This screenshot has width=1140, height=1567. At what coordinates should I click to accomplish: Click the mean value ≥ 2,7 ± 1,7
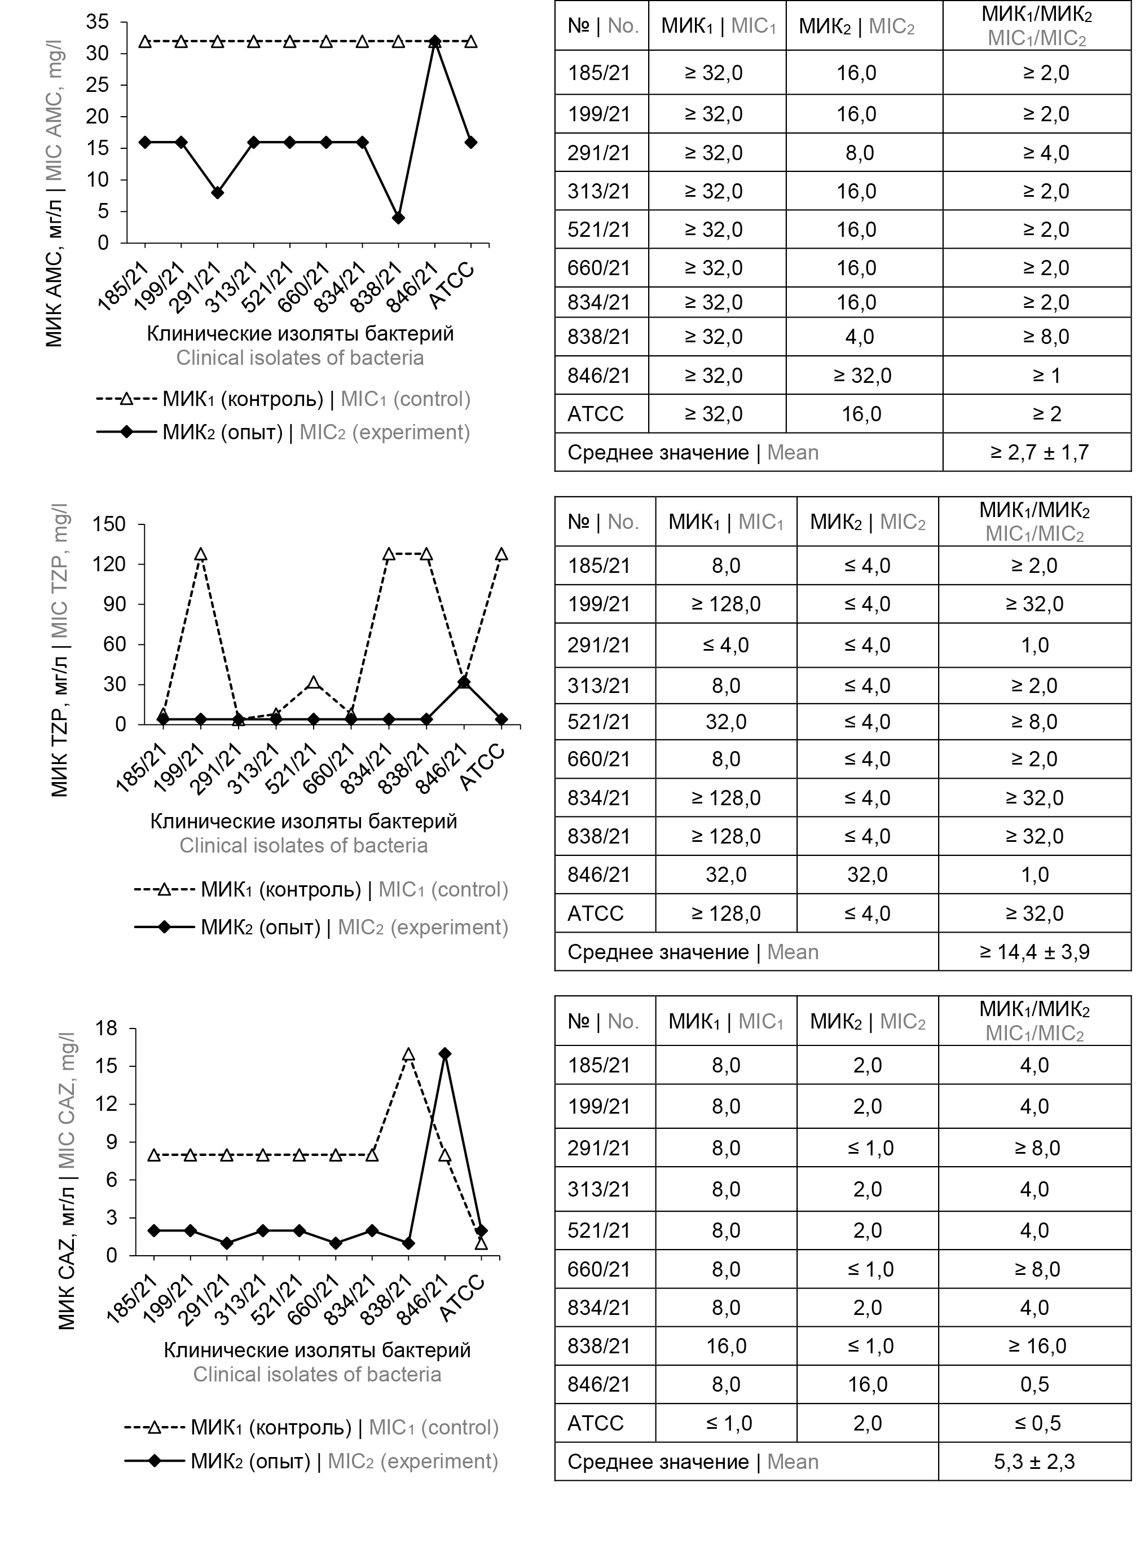[x=1038, y=453]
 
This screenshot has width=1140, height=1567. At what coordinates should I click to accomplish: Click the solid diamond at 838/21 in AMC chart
[x=398, y=218]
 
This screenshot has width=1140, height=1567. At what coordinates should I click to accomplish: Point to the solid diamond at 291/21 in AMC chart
[x=218, y=193]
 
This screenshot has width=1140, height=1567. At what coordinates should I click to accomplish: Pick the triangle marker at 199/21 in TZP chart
[x=200, y=554]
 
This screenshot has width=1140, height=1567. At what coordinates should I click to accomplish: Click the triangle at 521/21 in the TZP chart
[x=314, y=683]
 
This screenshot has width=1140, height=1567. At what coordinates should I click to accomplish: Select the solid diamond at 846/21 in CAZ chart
[x=444, y=1054]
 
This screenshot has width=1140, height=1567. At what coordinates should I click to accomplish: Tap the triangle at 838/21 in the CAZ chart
[x=408, y=1054]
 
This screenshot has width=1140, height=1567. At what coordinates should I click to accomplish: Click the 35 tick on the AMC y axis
[x=98, y=22]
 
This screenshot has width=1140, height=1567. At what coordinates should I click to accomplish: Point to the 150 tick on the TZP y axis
[x=109, y=524]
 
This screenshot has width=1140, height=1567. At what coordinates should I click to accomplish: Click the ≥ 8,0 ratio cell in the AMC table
[x=1046, y=337]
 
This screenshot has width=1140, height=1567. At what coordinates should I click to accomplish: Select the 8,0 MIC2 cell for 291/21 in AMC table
[x=859, y=153]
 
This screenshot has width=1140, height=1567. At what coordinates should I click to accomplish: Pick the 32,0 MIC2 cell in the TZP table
[x=867, y=875]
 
